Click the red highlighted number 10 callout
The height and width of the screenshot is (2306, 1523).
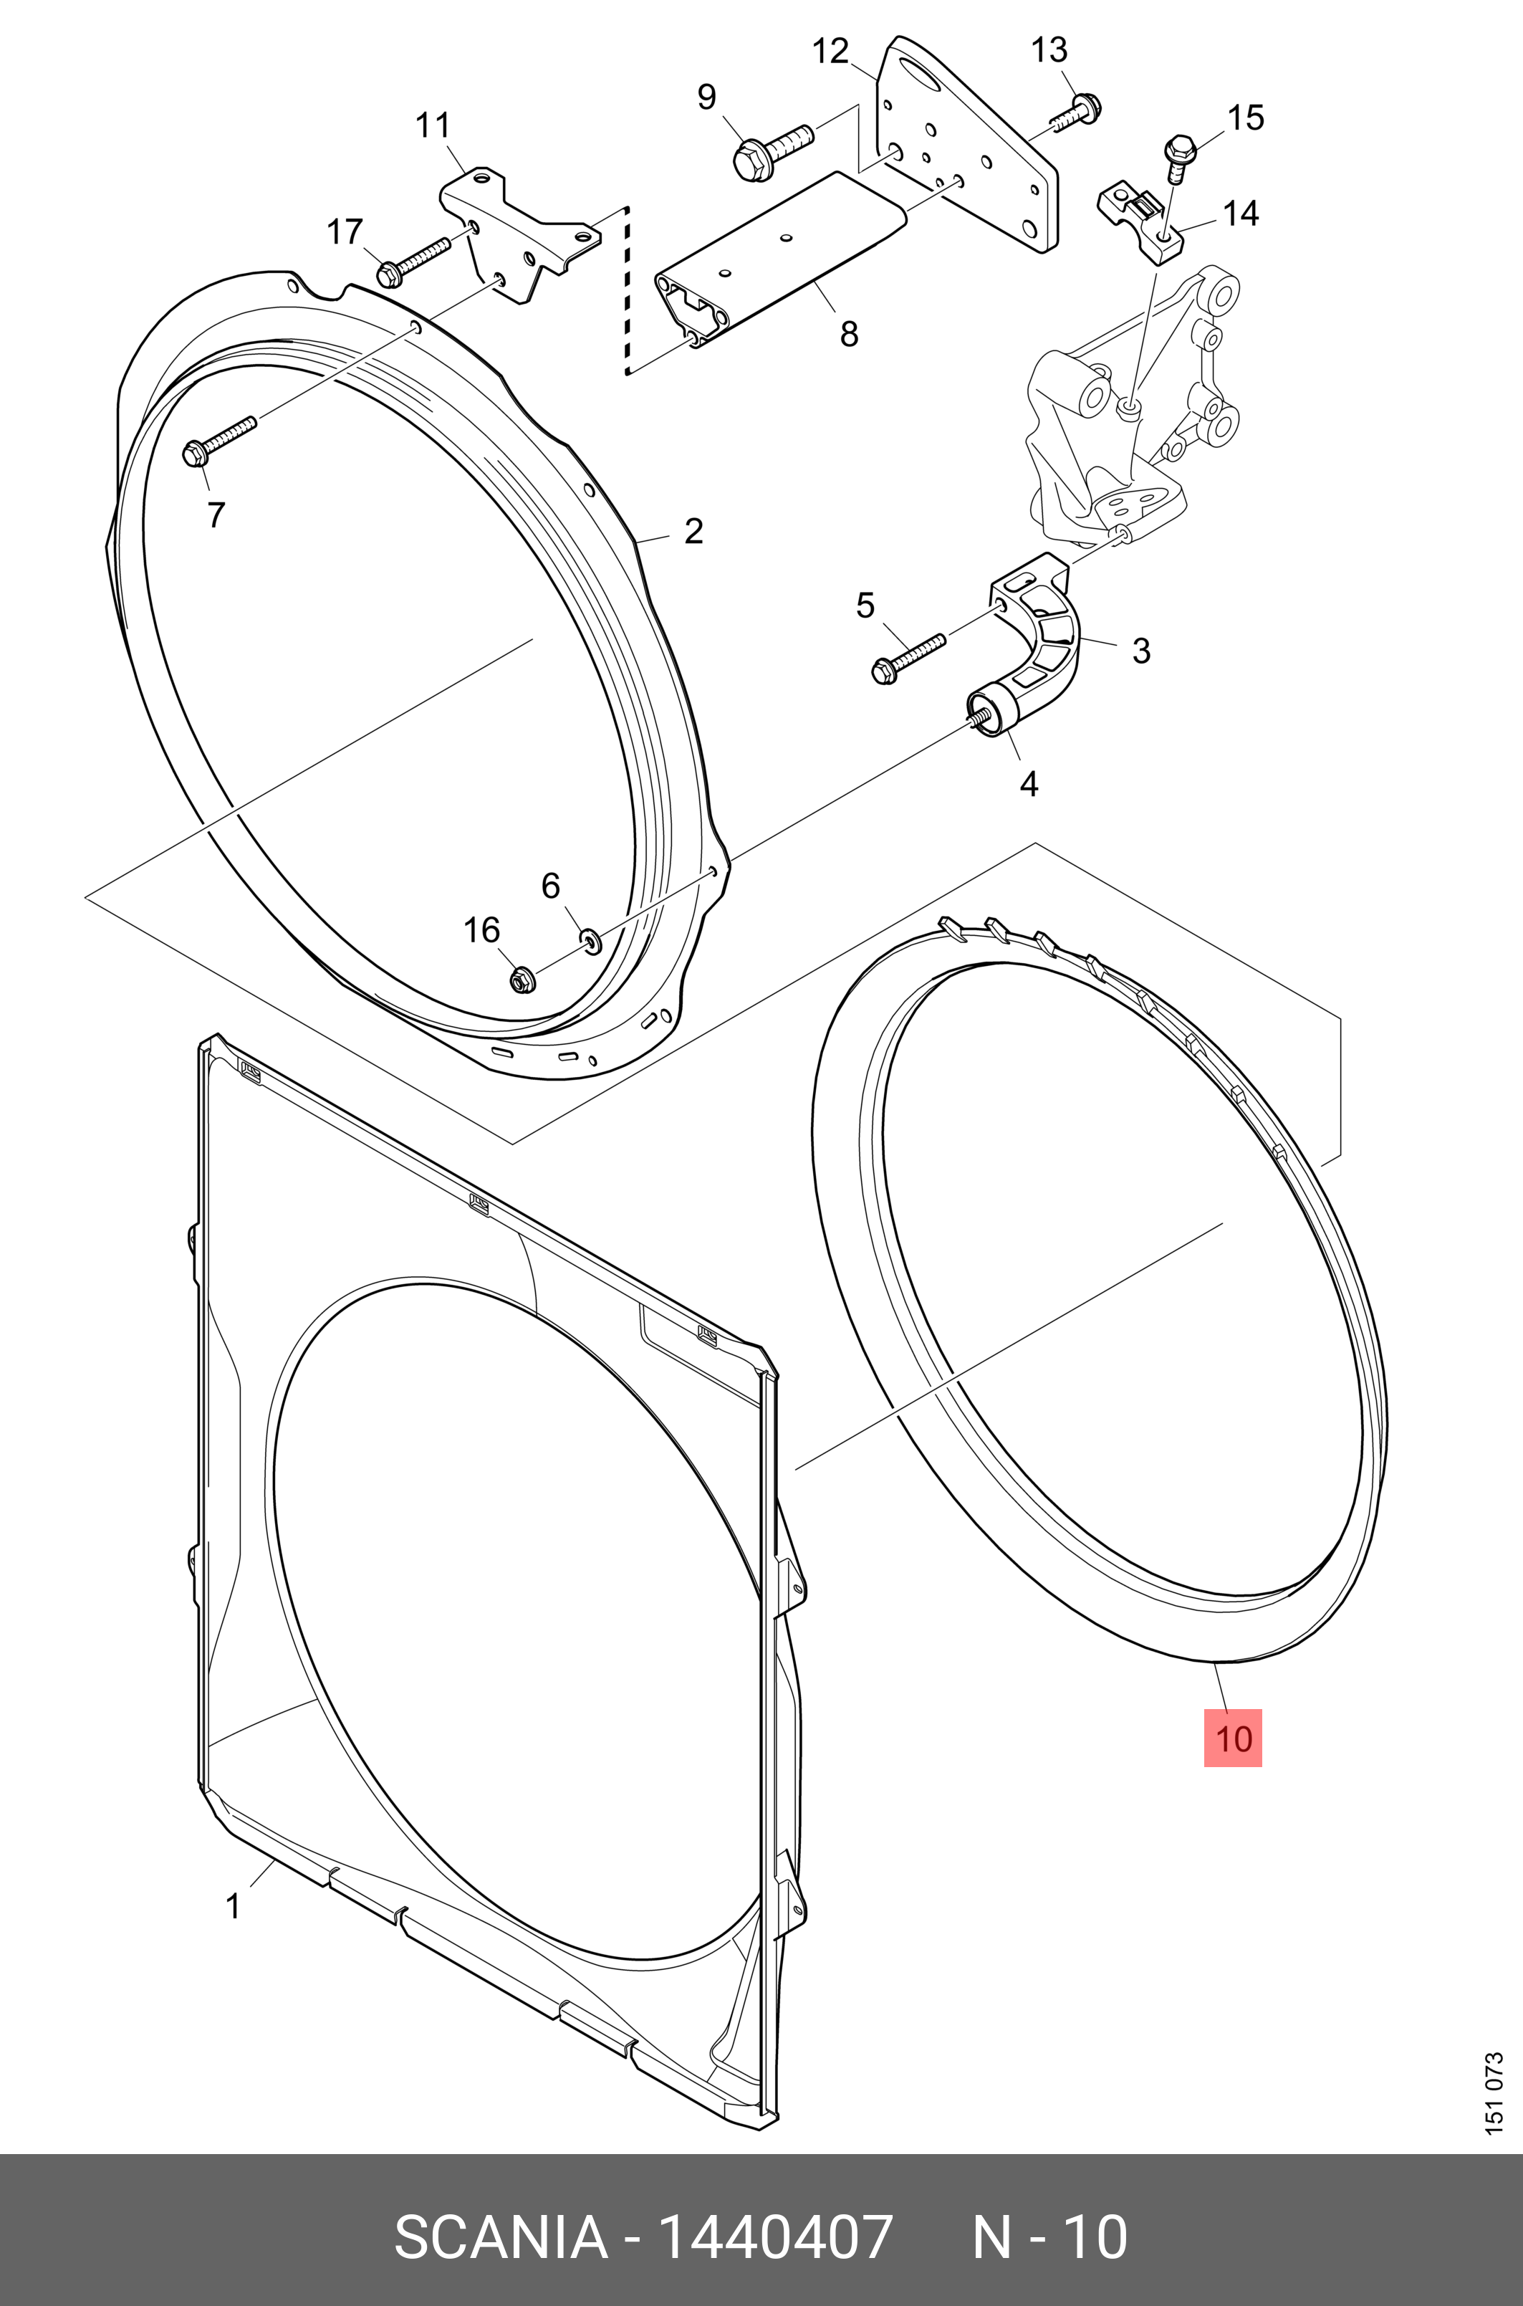1233,1738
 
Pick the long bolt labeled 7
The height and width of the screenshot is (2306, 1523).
218,439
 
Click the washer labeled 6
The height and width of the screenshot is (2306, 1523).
590,939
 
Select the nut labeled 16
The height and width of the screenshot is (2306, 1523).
522,979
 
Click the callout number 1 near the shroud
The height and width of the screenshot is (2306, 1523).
233,1907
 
